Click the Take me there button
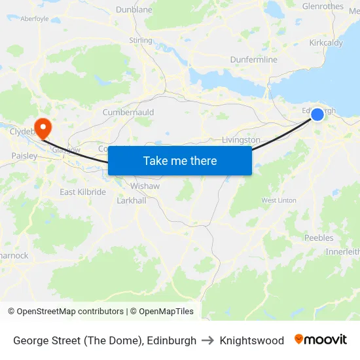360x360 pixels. (180, 160)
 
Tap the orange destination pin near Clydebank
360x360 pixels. (43, 127)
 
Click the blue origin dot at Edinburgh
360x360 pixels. (317, 115)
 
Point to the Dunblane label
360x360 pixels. (134, 10)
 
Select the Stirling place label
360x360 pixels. (141, 41)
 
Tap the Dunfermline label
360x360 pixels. (253, 60)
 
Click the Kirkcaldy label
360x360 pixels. (325, 43)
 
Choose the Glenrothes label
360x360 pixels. (323, 7)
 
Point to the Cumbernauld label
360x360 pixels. (128, 113)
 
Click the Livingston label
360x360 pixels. (241, 140)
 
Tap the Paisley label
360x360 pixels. (24, 156)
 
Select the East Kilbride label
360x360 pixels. (82, 192)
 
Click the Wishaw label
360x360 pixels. (147, 186)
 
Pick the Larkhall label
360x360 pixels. (132, 200)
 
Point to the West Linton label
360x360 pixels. (279, 200)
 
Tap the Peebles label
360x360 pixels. (319, 238)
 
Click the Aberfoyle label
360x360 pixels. (35, 19)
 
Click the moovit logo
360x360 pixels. (321, 340)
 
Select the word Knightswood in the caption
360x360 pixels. (252, 340)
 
